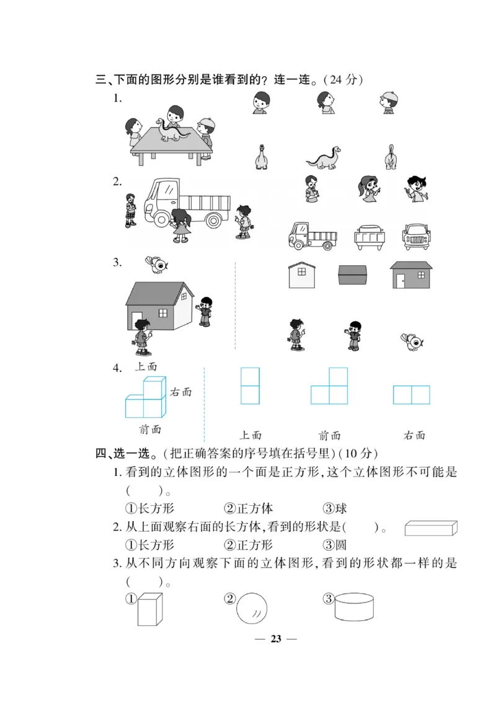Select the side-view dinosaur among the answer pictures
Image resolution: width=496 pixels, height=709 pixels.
point(323,158)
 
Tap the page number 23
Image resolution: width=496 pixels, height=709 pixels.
point(276,639)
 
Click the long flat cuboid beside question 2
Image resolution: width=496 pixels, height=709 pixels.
point(431,528)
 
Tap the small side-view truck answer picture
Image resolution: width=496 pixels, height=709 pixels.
point(312,236)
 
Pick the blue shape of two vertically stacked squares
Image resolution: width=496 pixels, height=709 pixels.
point(250,385)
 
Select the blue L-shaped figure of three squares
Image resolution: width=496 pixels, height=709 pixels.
point(329,386)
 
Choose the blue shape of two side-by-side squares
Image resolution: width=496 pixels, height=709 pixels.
point(411,395)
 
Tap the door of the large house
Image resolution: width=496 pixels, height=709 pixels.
point(136,320)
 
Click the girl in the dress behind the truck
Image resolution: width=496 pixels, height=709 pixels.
point(181,226)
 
